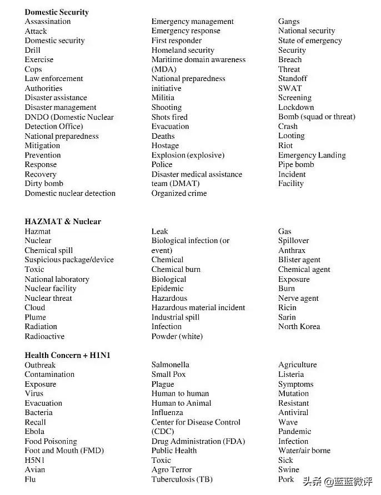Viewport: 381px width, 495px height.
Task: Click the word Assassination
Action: pyautogui.click(x=48, y=22)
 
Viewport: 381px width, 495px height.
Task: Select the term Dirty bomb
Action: pyautogui.click(x=44, y=184)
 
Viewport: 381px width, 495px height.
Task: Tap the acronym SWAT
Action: pyautogui.click(x=290, y=88)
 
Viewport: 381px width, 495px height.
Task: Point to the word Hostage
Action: pyautogui.click(x=165, y=145)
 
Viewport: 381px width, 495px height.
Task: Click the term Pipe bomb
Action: pyautogui.click(x=296, y=164)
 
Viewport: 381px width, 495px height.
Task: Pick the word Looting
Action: pyautogui.click(x=292, y=136)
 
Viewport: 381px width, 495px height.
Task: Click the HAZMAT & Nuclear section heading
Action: pyautogui.click(x=63, y=221)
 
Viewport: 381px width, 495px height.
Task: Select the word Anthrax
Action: pyautogui.click(x=292, y=250)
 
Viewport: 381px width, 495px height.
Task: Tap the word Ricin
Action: pyautogui.click(x=287, y=307)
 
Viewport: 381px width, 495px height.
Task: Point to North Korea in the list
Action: pyautogui.click(x=299, y=326)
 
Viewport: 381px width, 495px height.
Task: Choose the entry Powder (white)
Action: pyautogui.click(x=177, y=336)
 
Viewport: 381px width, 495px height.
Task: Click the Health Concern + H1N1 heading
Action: pyautogui.click(x=67, y=355)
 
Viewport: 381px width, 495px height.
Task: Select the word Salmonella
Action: pyautogui.click(x=171, y=365)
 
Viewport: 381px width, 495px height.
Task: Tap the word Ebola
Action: pyautogui.click(x=34, y=431)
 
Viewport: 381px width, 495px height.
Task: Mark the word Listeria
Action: pyautogui.click(x=291, y=374)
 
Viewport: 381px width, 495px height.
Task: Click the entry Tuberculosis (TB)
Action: pyautogui.click(x=182, y=479)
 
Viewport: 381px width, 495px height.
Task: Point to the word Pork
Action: pyautogui.click(x=286, y=479)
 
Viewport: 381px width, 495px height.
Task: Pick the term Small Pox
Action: pyautogui.click(x=169, y=374)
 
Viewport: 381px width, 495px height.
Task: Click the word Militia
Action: pyautogui.click(x=163, y=98)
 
